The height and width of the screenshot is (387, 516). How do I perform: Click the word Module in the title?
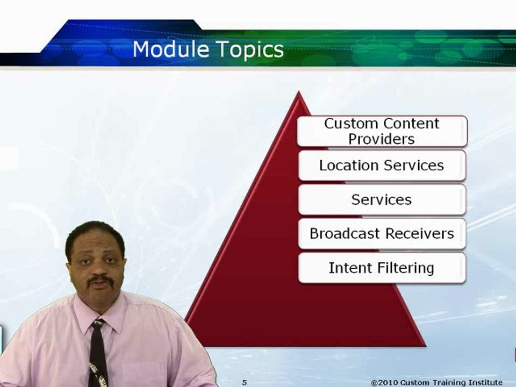171,49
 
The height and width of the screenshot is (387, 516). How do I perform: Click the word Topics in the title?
250,51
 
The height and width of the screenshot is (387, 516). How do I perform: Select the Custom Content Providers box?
382,131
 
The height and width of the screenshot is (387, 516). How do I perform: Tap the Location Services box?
382,165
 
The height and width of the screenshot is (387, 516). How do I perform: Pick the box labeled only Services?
382,199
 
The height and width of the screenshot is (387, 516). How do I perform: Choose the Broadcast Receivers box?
382,234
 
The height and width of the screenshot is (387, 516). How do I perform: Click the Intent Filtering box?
382,268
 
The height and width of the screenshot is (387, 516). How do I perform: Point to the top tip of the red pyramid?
299,91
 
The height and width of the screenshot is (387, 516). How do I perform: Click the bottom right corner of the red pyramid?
426,346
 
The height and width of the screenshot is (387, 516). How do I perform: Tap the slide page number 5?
245,382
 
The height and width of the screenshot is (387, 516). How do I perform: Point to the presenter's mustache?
101,281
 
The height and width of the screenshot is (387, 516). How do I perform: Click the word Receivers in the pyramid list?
420,234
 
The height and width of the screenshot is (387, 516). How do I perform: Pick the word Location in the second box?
349,165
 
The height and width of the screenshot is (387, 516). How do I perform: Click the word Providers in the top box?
382,139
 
